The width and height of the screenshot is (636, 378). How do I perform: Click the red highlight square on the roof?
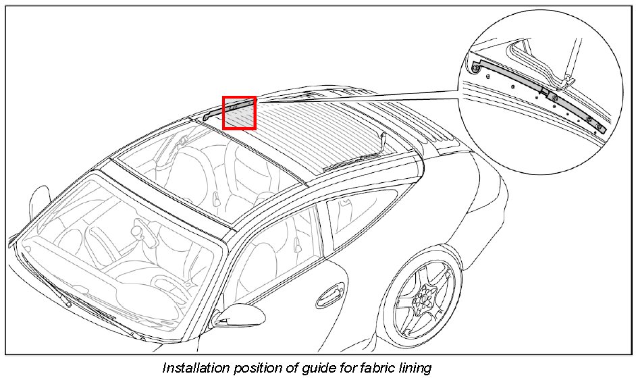click(x=240, y=112)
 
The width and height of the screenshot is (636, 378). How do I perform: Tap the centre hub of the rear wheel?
click(x=424, y=298)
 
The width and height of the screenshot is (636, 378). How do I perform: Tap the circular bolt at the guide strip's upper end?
click(x=477, y=67)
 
